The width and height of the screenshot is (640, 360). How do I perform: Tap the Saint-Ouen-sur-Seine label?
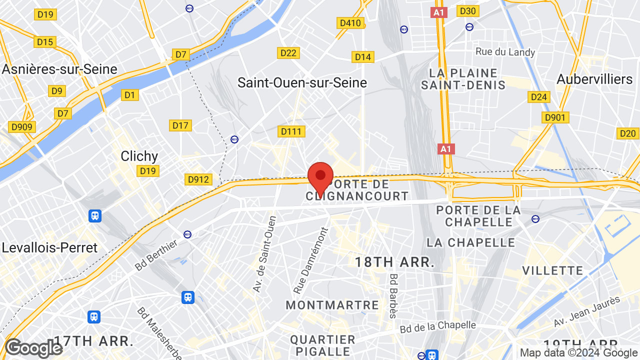[302, 82]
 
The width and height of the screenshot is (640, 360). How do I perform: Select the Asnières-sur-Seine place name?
[59, 69]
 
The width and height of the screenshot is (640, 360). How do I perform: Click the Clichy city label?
[139, 156]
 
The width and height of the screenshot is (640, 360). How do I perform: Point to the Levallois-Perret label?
[49, 247]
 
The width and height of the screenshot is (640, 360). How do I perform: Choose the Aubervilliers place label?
[594, 79]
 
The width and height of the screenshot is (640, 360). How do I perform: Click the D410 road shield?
[350, 23]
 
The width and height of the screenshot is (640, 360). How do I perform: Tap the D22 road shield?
[288, 53]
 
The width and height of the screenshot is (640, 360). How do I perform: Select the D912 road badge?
[198, 179]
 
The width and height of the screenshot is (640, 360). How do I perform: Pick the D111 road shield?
[291, 131]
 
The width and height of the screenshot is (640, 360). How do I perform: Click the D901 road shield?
[555, 117]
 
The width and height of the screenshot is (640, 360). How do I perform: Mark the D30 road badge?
[468, 11]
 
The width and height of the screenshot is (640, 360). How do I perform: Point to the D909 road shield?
[21, 127]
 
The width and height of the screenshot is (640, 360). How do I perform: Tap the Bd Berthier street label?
[156, 255]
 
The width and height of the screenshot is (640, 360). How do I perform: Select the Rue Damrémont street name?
[310, 260]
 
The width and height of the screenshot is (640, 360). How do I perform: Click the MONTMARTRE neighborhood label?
[332, 305]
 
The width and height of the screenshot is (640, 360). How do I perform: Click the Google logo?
[33, 348]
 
